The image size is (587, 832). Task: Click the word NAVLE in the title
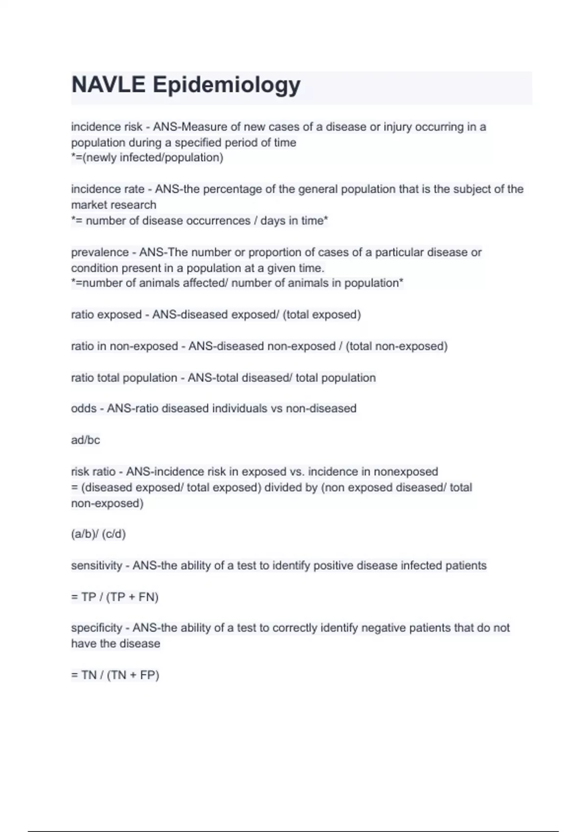108,85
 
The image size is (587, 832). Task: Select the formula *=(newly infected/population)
147,158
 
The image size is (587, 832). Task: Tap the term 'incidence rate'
108,189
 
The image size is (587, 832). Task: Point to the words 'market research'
113,205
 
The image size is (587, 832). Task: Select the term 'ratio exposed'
106,314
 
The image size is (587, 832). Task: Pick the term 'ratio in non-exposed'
124,346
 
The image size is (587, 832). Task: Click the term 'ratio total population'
124,377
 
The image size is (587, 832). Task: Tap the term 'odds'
84,408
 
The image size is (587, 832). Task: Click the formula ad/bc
86,440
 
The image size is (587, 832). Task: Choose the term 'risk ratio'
93,471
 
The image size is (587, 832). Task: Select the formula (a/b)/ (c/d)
98,534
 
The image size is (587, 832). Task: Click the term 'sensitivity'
96,565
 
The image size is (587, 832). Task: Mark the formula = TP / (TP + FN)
115,597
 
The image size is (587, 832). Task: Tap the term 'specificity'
96,627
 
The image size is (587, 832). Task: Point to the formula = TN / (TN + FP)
115,675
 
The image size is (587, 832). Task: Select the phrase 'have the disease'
115,643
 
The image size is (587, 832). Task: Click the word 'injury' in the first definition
398,127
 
